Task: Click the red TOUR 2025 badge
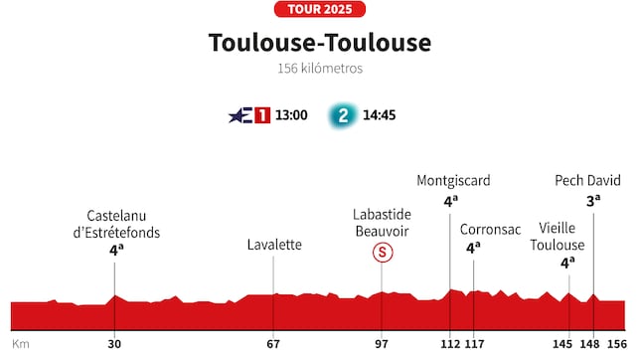tap(319, 9)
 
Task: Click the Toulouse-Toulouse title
tap(319, 43)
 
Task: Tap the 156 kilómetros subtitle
tap(319, 70)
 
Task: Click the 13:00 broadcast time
tap(292, 115)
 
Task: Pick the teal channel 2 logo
tap(343, 115)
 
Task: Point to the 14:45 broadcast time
tap(380, 115)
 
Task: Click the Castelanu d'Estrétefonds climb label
tap(123, 224)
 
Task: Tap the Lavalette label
tap(274, 245)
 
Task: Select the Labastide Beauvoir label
tap(381, 223)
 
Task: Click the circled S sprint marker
tap(382, 253)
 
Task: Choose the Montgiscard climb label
tap(453, 181)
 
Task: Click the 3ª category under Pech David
tap(591, 200)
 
